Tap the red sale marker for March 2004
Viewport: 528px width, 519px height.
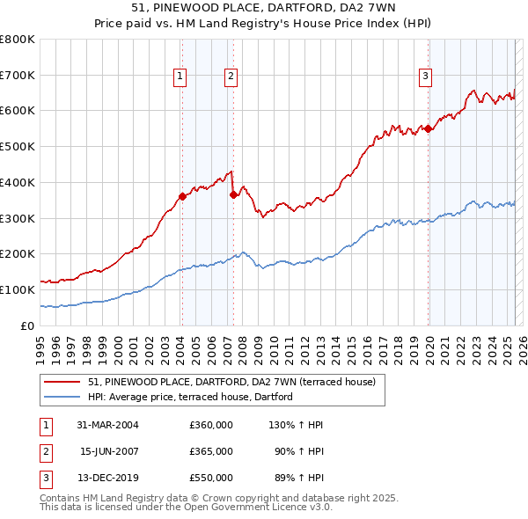[x=182, y=196]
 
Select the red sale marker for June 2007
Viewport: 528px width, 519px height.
[x=233, y=194]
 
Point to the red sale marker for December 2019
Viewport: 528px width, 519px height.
[x=429, y=128]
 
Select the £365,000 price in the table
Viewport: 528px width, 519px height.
[x=211, y=451]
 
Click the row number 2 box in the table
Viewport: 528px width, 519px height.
[x=46, y=451]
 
